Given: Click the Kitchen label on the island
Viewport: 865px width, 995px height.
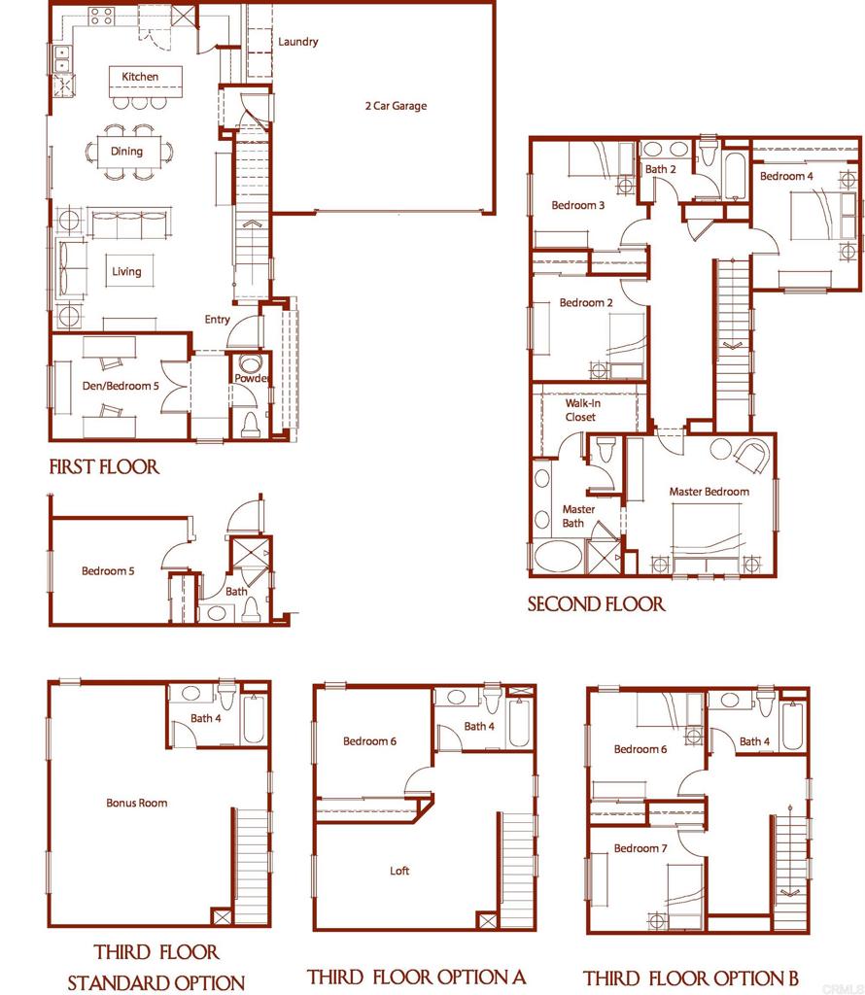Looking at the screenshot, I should pos(140,77).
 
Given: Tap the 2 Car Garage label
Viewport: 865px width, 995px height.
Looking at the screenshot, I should pos(389,106).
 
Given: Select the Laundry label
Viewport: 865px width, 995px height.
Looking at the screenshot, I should pos(298,42).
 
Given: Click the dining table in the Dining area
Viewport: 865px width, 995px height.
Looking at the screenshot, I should pos(127,152).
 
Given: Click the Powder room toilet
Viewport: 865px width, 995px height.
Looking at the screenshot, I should pos(250,424).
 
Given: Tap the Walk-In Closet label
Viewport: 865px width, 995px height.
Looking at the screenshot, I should pos(580,409).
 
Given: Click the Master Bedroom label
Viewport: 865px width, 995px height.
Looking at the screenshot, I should pos(709,492).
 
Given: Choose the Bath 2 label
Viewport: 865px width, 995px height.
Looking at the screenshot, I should pos(660,169).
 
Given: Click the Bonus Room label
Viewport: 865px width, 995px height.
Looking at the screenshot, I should pos(136,803).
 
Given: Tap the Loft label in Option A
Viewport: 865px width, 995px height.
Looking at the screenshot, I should pos(399,871).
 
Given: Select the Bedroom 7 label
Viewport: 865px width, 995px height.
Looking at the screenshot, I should pos(640,848).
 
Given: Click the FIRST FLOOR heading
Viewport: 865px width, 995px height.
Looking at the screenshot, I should pos(104,467).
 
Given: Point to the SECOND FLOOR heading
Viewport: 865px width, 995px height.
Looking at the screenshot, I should pos(596,604).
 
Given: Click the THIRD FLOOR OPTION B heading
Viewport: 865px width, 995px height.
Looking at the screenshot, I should pos(691,978).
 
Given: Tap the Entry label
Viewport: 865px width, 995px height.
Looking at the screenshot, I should pos(218,320).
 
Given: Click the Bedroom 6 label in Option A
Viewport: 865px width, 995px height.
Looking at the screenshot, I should pos(369,741).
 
